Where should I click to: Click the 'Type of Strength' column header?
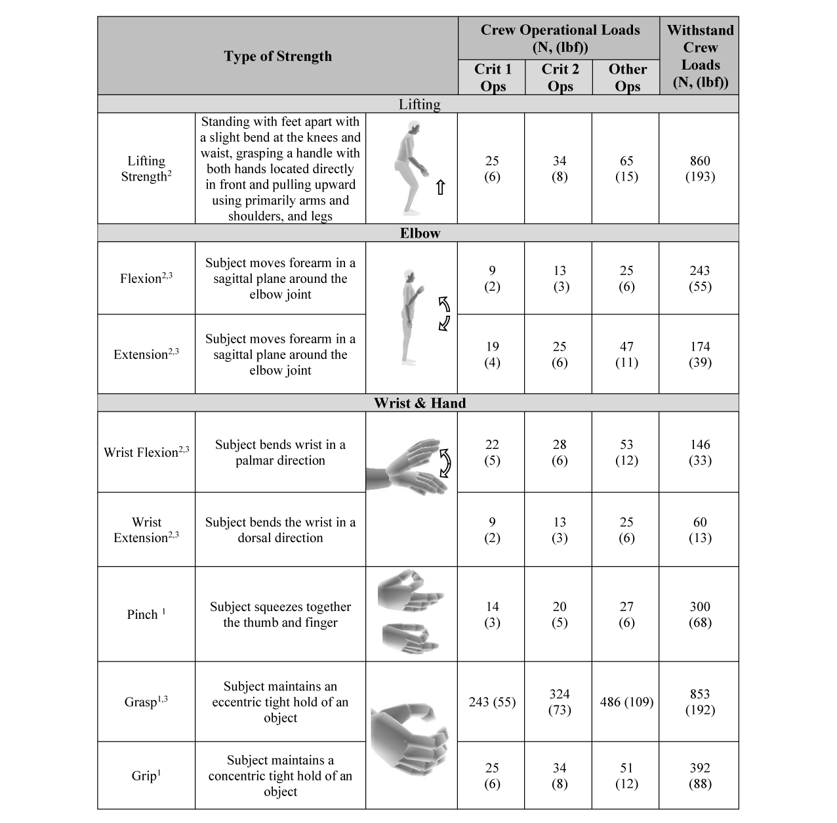pos(277,56)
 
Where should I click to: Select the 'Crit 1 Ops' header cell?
pos(493,77)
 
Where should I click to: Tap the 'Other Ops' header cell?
pos(627,77)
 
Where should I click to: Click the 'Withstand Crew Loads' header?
pos(700,56)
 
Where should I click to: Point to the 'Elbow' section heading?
pos(420,234)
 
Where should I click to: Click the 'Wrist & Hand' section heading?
pos(420,403)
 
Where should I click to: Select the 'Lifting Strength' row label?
pos(146,169)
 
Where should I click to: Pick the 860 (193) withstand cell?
pos(700,169)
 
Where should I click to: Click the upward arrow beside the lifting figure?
pos(441,188)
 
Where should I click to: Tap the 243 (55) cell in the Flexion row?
pos(700,278)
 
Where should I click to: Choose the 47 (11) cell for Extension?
pos(626,354)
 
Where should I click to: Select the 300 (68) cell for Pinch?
pos(700,614)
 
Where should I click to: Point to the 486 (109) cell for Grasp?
pos(626,702)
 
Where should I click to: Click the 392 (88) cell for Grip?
pos(700,776)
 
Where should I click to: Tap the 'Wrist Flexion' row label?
pos(146,452)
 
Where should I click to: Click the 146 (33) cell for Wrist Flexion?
pos(700,452)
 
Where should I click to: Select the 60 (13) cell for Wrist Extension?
pos(700,530)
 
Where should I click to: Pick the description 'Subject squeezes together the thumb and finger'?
pos(280,614)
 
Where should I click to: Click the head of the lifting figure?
pos(411,127)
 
